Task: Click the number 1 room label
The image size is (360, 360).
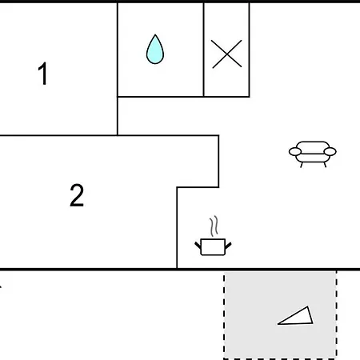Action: tap(43, 74)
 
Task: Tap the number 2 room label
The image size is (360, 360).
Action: tap(77, 195)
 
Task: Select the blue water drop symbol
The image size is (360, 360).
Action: tap(155, 50)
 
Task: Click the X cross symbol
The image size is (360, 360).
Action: tap(226, 54)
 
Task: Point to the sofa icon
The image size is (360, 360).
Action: tap(313, 154)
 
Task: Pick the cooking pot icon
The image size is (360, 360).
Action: tap(213, 236)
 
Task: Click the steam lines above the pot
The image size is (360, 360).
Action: tap(214, 226)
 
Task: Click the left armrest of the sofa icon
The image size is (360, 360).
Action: tap(295, 151)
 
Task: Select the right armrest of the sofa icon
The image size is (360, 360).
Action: tap(330, 151)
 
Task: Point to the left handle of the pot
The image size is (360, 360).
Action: tap(198, 246)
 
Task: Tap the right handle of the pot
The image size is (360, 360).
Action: tap(228, 246)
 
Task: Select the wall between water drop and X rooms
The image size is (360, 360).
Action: tap(204, 50)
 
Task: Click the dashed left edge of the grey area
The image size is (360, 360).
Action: tap(224, 315)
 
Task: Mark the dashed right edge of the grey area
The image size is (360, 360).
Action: tap(337, 315)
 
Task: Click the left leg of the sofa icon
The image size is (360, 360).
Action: tap(302, 165)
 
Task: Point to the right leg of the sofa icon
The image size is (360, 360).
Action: tap(325, 165)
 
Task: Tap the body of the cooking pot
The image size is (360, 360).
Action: tap(213, 247)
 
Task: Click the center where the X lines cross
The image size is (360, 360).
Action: tap(226, 54)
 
